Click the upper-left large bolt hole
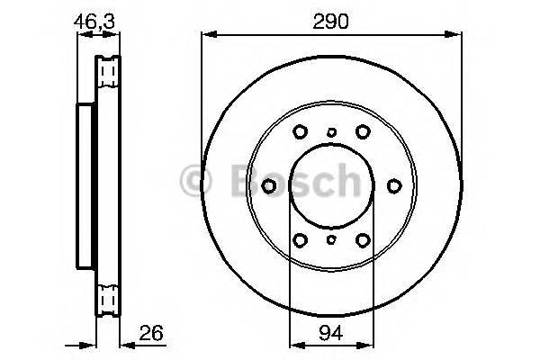click(301, 131)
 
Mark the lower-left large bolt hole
click(301, 239)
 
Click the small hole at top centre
click(331, 132)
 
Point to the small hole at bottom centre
click(331, 239)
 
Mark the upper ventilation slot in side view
click(108, 71)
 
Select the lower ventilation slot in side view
click(108, 297)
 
